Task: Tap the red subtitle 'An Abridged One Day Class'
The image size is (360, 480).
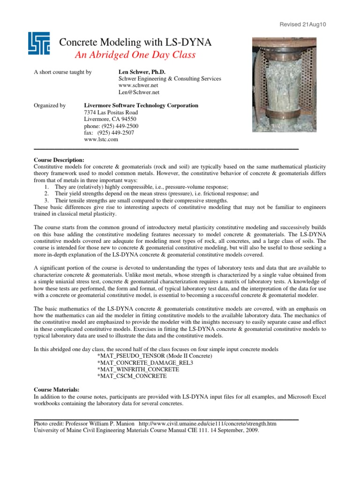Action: [135, 55]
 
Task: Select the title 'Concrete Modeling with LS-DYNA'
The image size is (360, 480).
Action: [135, 43]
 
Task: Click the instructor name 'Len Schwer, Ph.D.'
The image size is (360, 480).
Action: [140, 72]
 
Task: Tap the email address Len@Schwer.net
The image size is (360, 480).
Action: [135, 93]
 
